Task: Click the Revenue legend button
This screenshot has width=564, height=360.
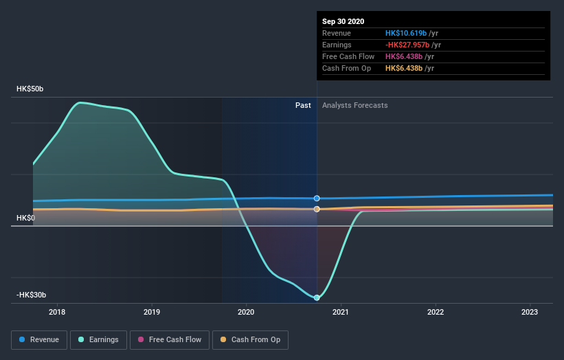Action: click(39, 339)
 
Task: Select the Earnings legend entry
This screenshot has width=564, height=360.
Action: click(99, 339)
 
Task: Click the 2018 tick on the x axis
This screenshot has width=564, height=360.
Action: click(58, 312)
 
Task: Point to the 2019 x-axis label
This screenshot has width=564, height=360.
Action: click(152, 312)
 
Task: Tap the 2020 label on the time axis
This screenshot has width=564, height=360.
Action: click(246, 312)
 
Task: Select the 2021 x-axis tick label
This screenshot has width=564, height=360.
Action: click(341, 312)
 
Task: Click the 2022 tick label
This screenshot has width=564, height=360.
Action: click(436, 312)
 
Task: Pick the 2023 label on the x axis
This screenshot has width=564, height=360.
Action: click(530, 312)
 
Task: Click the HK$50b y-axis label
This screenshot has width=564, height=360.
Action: click(30, 89)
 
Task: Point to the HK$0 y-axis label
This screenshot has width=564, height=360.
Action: click(26, 218)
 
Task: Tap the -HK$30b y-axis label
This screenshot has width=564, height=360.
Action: click(32, 295)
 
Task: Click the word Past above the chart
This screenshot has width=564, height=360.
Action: click(303, 105)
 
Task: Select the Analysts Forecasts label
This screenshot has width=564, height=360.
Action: click(354, 105)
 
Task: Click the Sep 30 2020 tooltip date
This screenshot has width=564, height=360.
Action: click(345, 21)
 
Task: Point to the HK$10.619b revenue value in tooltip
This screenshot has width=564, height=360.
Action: click(406, 33)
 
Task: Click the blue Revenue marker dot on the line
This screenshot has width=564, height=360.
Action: click(317, 198)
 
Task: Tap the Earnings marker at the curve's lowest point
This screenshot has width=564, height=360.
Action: click(317, 297)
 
